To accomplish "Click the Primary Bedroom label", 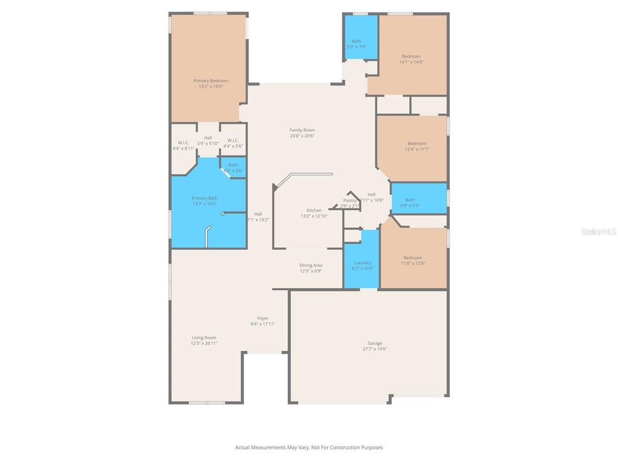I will click(211, 80).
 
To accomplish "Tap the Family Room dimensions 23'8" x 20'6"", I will click(302, 136).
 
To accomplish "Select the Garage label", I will click(374, 343).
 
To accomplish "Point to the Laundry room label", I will click(362, 262).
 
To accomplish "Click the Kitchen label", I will click(314, 210).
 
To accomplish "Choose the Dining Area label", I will click(311, 265).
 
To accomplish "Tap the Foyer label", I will click(263, 318).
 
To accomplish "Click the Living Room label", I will click(204, 338).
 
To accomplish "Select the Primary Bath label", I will click(205, 198).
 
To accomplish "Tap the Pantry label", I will click(350, 201).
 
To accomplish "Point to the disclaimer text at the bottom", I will click(308, 447).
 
